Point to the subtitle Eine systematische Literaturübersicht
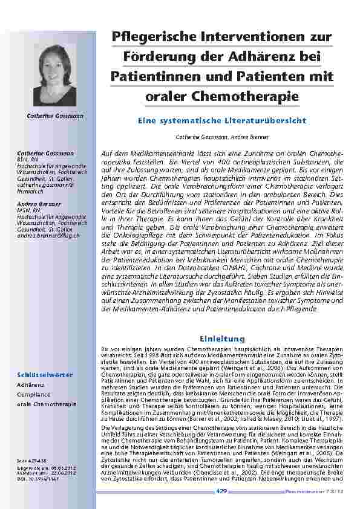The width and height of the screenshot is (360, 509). pyautogui.click(x=222, y=121)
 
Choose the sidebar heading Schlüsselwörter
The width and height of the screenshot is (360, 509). pyautogui.click(x=45, y=375)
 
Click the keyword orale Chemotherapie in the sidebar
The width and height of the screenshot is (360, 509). pyautogui.click(x=46, y=403)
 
